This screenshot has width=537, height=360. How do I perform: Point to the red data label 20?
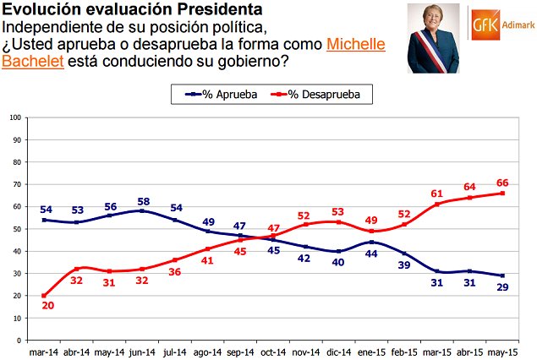(47, 306)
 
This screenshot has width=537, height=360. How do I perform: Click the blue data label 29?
(502, 288)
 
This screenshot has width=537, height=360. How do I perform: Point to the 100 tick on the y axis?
(14, 117)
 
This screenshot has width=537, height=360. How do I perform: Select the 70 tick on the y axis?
(16, 184)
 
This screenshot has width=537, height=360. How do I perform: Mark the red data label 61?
(436, 192)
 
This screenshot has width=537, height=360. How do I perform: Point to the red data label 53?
(337, 210)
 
